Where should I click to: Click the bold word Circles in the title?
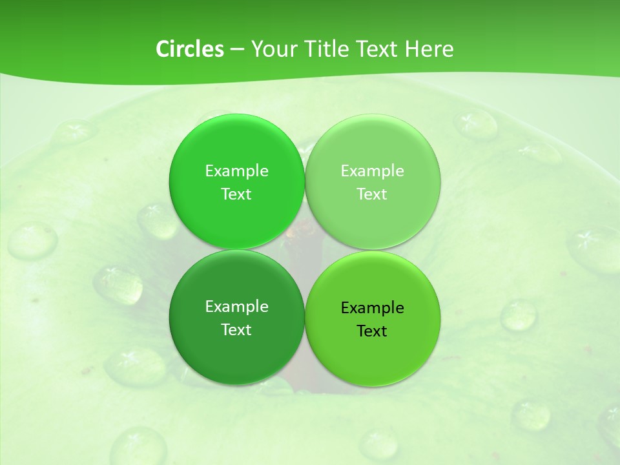(x=190, y=49)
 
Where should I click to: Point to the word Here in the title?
(x=429, y=49)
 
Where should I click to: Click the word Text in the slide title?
(x=375, y=49)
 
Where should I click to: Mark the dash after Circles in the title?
(x=237, y=50)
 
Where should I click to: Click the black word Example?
(x=372, y=308)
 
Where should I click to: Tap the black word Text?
(x=372, y=331)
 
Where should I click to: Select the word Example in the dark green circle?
(x=236, y=307)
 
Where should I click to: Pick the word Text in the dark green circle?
(x=236, y=330)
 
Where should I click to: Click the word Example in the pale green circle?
(x=372, y=171)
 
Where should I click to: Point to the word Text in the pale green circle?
(x=372, y=194)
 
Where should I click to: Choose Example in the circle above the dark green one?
(x=236, y=171)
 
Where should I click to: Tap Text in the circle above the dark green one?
(x=236, y=194)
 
